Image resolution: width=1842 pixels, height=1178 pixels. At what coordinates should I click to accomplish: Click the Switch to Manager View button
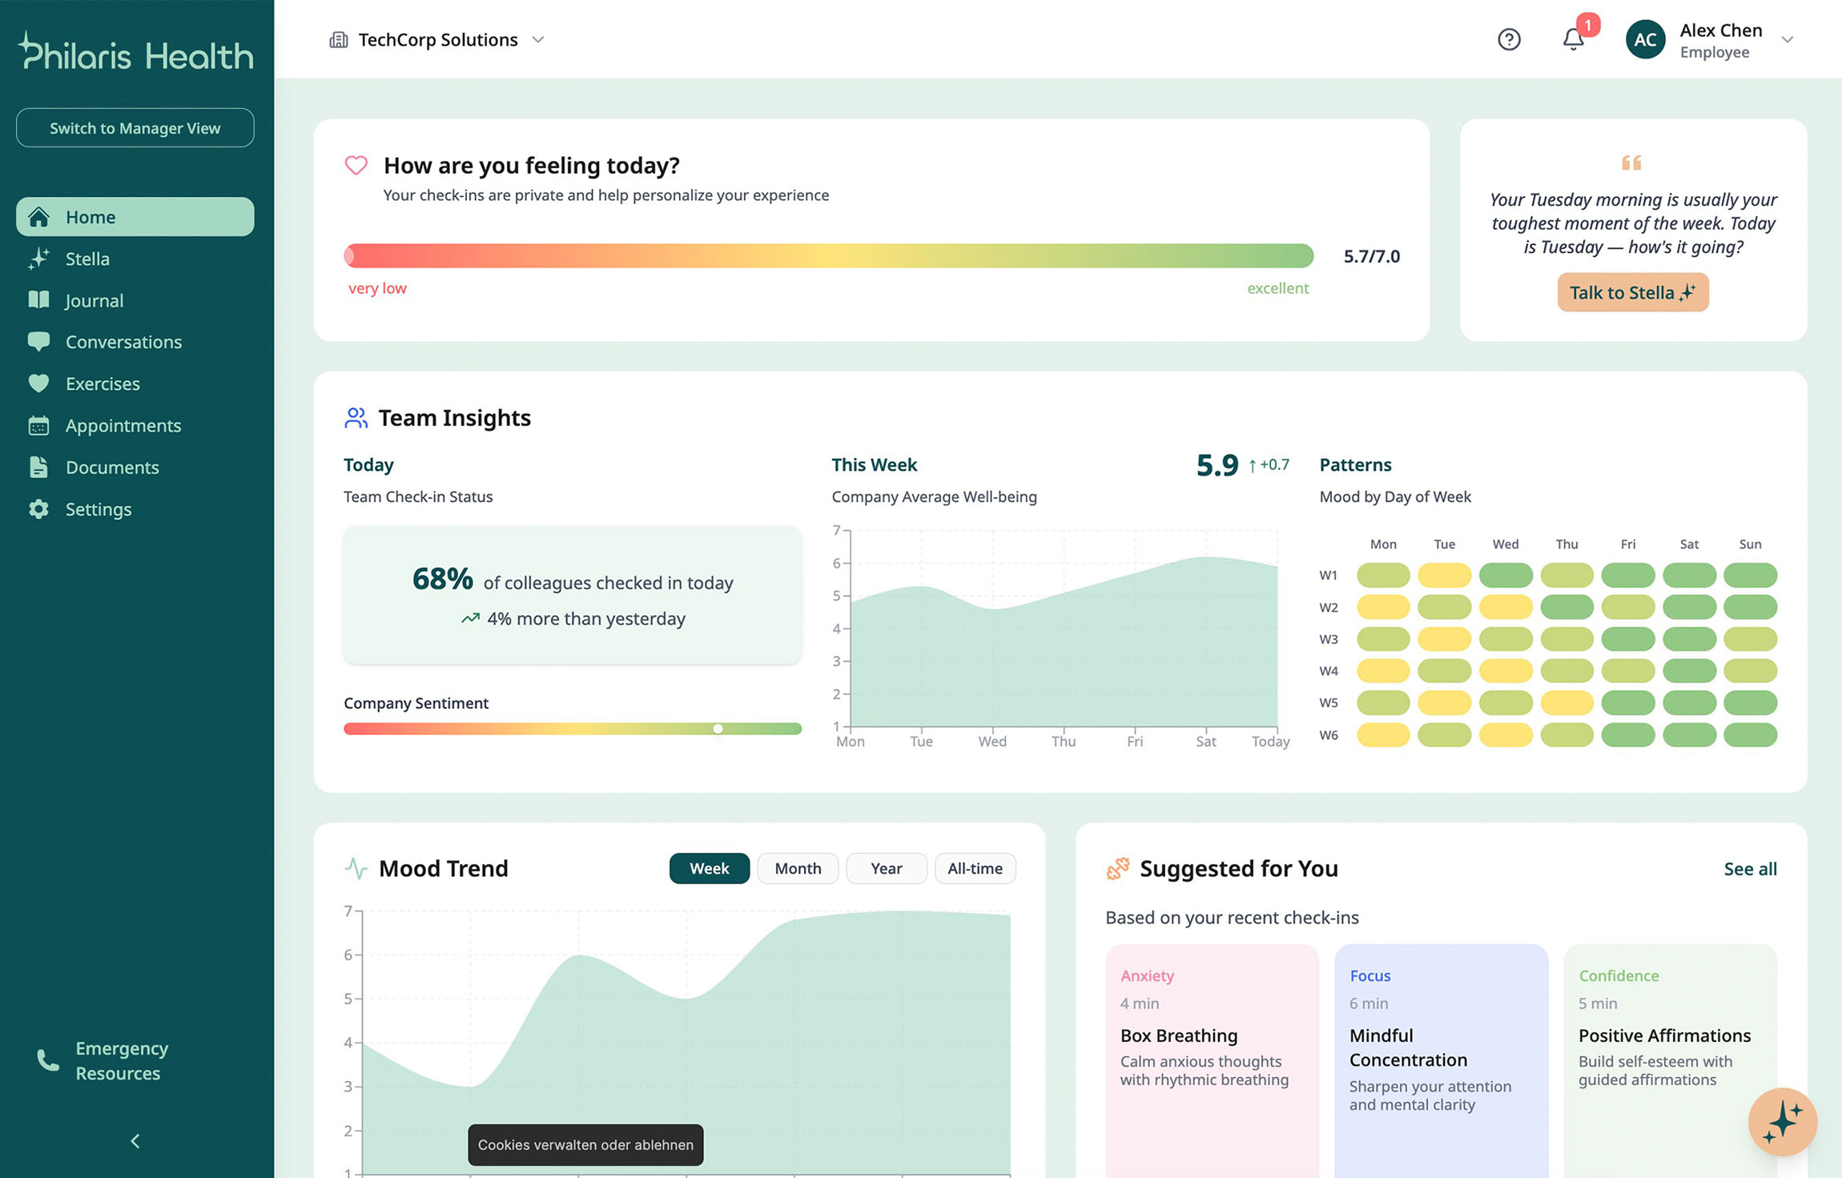[135, 128]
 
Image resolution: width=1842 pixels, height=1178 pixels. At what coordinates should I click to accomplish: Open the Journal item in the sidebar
[94, 300]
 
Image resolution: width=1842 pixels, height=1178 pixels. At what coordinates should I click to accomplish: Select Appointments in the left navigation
[123, 425]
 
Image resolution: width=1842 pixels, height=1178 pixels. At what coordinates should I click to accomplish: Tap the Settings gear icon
[38, 509]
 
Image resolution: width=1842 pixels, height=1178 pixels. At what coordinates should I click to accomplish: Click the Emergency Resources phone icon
[48, 1060]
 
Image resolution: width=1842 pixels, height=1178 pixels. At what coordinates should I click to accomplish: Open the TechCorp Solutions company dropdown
[437, 40]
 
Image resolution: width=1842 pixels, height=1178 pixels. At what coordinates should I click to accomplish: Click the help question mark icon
[1509, 39]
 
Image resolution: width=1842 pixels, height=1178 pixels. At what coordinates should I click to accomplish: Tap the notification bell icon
[1573, 39]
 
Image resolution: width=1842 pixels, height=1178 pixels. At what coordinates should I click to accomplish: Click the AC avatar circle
[1645, 39]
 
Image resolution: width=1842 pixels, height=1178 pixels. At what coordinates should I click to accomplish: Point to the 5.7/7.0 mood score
[1371, 256]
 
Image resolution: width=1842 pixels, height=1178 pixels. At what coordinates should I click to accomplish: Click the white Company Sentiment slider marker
[718, 729]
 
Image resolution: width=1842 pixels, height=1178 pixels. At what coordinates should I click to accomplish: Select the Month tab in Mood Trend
[798, 868]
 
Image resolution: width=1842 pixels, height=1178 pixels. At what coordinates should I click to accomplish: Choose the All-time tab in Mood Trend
[975, 868]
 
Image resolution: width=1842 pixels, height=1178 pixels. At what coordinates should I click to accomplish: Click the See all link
[1750, 869]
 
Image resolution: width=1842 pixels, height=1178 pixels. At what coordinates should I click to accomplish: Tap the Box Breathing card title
[1179, 1035]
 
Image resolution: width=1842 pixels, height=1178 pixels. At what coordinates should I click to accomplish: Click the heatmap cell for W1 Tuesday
[1444, 575]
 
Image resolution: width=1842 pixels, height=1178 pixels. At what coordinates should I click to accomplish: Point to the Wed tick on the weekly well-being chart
[992, 742]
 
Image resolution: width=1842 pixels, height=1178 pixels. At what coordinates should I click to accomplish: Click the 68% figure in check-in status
[442, 579]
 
